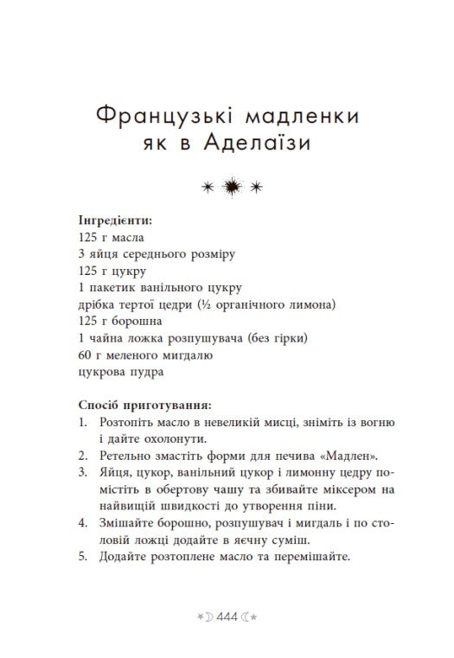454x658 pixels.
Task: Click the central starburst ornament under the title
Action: pyautogui.click(x=231, y=184)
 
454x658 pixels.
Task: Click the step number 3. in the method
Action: pyautogui.click(x=82, y=473)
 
